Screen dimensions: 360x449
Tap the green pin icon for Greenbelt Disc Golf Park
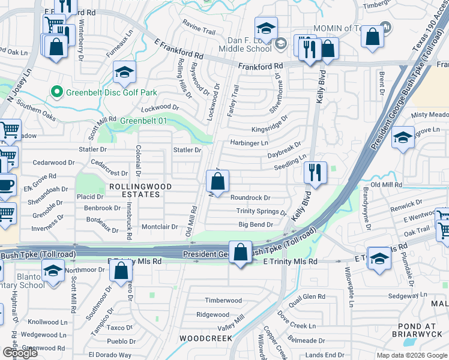[x=56, y=92]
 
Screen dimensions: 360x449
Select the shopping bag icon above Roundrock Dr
[x=218, y=181]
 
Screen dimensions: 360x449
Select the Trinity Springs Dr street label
[x=261, y=211]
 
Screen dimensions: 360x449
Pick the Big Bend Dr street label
[x=256, y=224]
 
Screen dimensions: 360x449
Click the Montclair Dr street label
[x=160, y=226]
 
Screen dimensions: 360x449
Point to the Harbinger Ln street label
[x=249, y=143]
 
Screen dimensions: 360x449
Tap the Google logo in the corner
[x=20, y=352]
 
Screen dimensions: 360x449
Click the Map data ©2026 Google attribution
[x=412, y=355]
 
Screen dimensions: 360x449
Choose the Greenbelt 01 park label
[x=143, y=121]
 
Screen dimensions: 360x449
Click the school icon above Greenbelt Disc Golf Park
[x=124, y=73]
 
